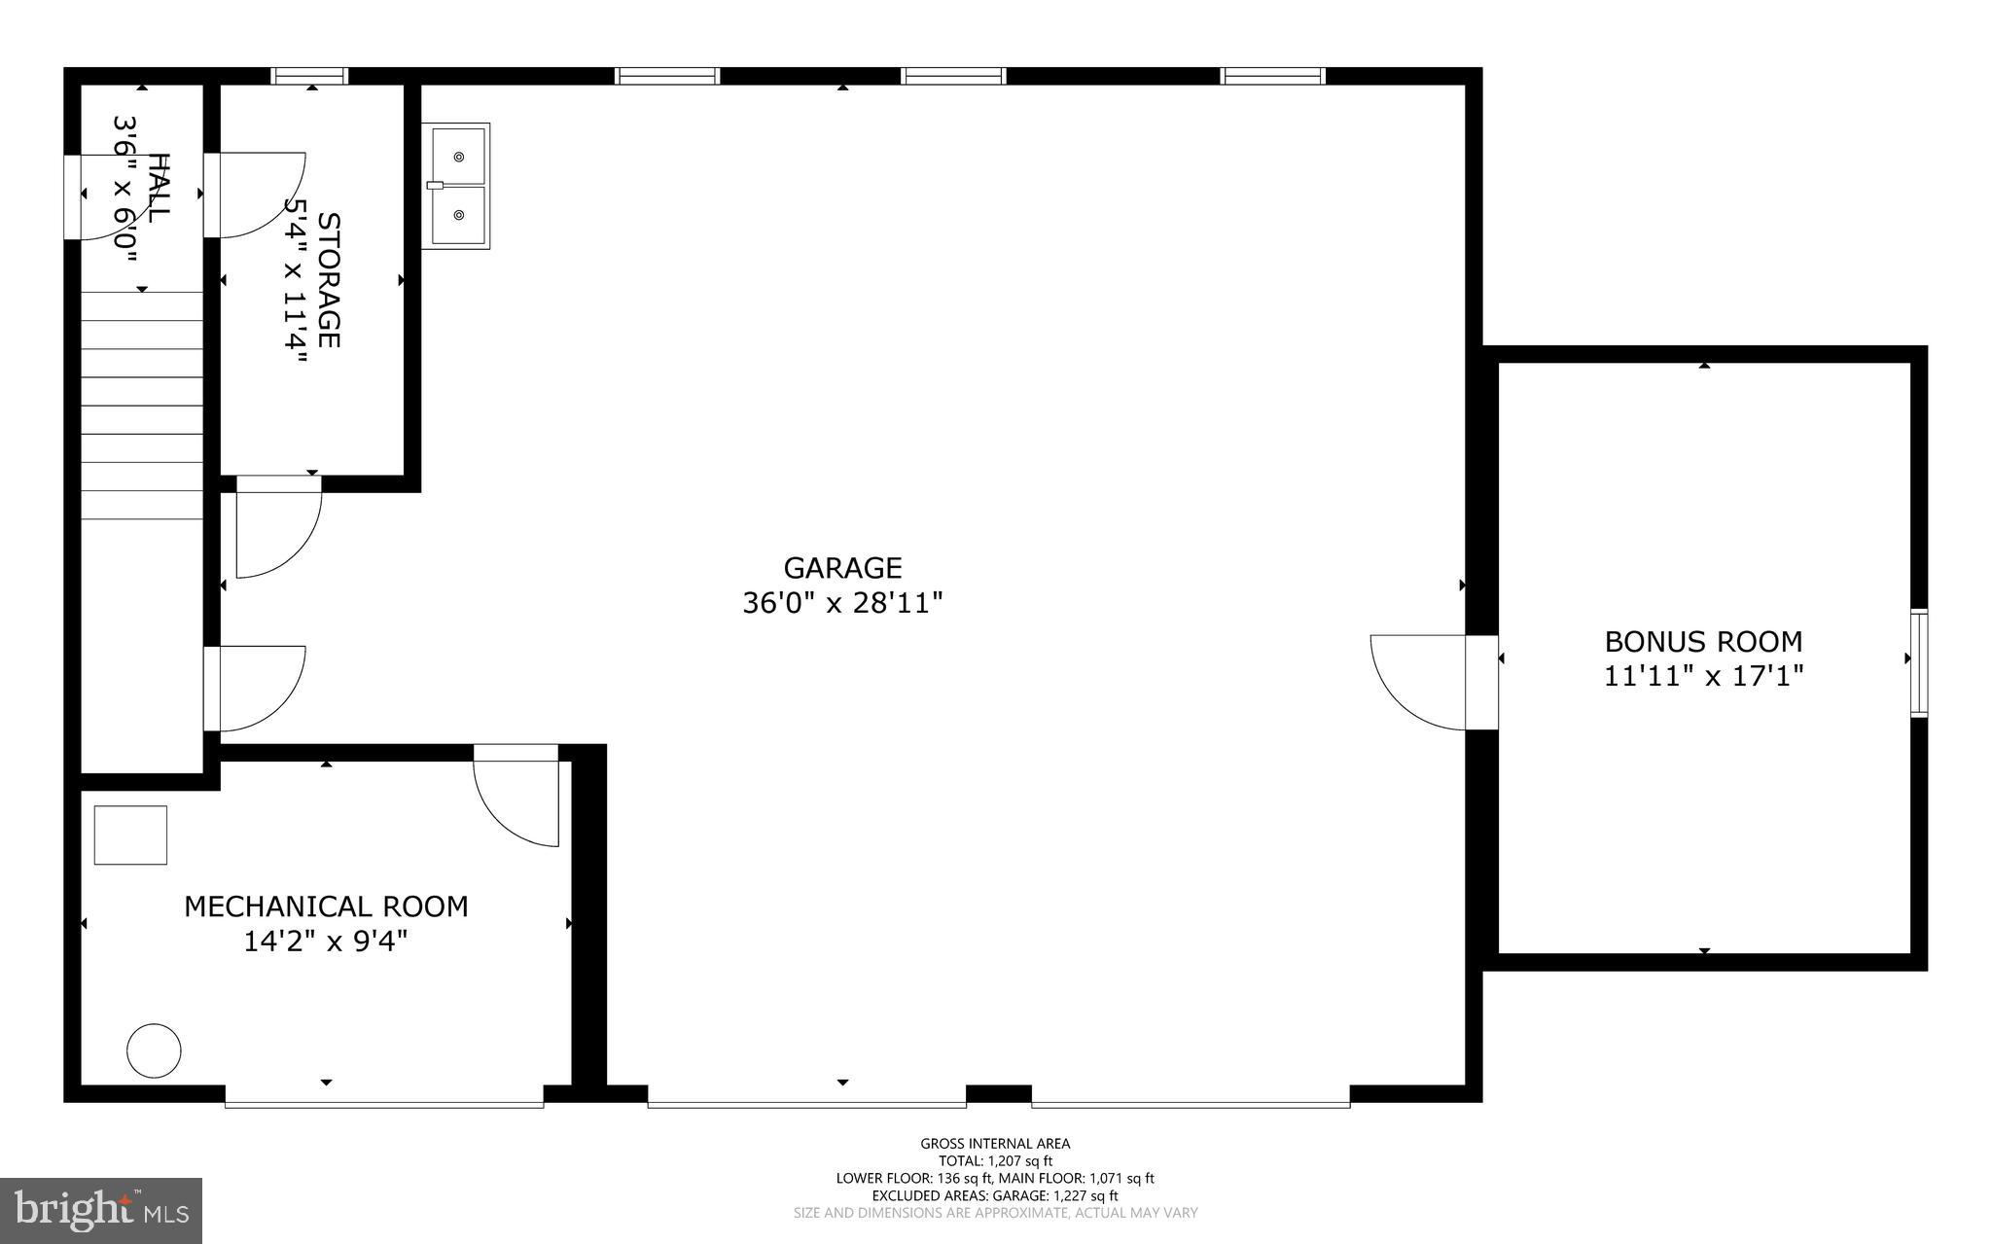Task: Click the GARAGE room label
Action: coord(842,567)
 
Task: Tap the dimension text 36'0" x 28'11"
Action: coord(842,604)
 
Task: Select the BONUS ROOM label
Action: coord(1703,642)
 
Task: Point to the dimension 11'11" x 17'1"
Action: coord(1703,676)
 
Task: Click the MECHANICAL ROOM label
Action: coord(326,906)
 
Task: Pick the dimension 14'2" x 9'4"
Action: coord(326,942)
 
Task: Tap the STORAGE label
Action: coord(330,280)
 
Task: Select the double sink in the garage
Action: coord(456,186)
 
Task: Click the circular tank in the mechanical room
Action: coord(154,1050)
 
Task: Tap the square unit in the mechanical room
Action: coord(130,835)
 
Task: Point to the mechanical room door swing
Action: coord(516,802)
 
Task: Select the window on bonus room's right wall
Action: coord(1918,662)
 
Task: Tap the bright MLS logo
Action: coord(100,1210)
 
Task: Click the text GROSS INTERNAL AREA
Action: coord(995,1144)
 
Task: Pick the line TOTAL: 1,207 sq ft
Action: coord(995,1160)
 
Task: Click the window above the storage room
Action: coord(309,76)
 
